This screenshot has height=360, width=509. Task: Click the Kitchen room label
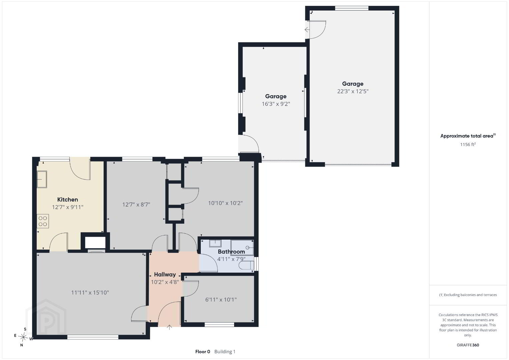[x=67, y=200]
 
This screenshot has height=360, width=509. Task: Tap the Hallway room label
[x=165, y=275]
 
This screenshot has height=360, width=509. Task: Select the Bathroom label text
[x=231, y=252]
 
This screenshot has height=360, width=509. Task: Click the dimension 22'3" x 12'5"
[x=353, y=91]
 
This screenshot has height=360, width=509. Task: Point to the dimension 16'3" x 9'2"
[x=276, y=104]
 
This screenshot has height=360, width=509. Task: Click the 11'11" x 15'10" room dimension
[x=90, y=293]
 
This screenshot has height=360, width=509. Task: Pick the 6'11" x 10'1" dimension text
[x=221, y=300]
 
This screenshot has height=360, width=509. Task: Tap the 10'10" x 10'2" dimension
[x=225, y=203]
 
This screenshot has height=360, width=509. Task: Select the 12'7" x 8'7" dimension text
[x=136, y=205]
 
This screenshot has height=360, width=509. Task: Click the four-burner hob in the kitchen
[x=43, y=221]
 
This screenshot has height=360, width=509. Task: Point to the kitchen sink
[x=42, y=179]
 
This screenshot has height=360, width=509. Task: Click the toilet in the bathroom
[x=246, y=265]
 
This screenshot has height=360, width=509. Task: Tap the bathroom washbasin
[x=215, y=243]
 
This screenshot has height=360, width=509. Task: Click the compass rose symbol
[x=23, y=337]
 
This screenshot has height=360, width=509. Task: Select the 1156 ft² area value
[x=468, y=144]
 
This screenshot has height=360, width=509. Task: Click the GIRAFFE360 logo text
[x=468, y=345]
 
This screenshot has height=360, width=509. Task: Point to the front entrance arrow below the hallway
[x=169, y=327]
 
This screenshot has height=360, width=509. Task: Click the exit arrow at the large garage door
[x=307, y=30]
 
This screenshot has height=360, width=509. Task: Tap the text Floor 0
[x=203, y=352]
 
